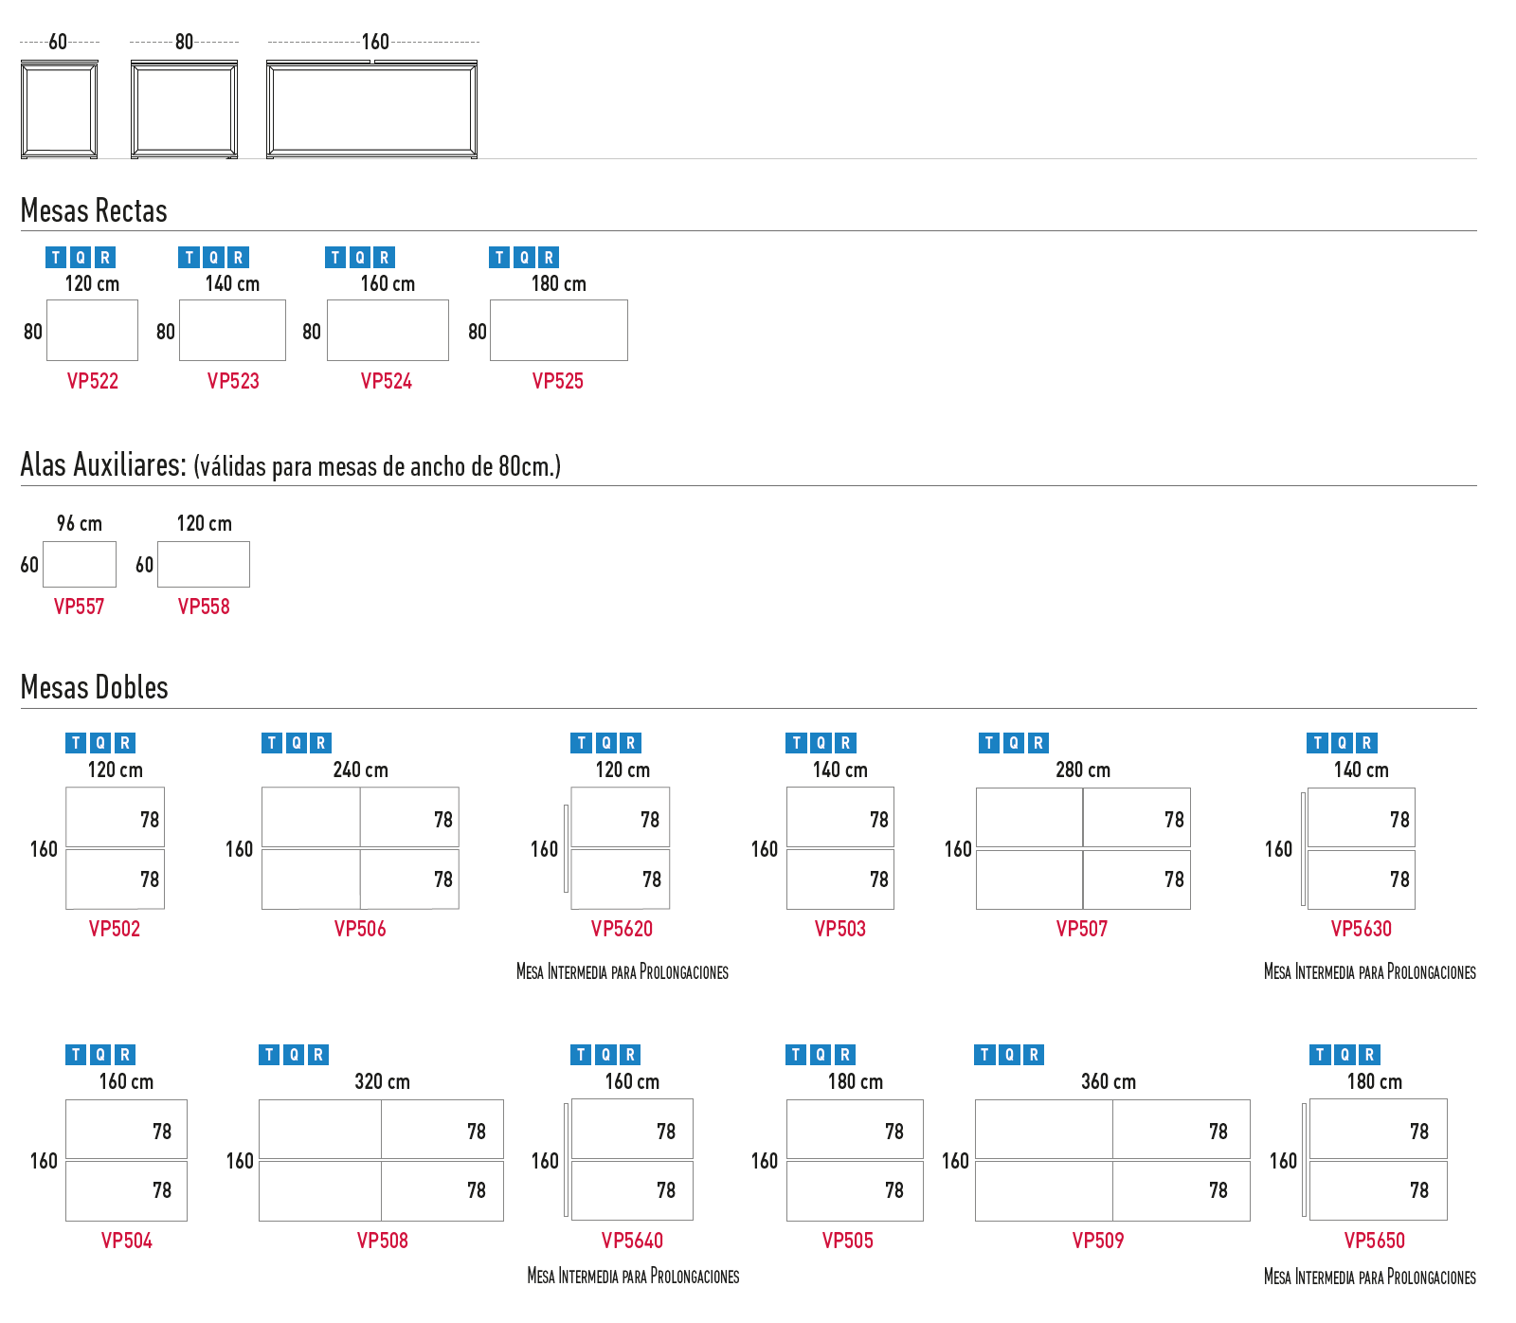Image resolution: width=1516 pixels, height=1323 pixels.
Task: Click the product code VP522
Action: [x=93, y=381]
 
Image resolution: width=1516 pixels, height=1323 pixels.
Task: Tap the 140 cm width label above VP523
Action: [x=232, y=283]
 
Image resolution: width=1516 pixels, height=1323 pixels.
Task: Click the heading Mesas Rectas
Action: [x=94, y=210]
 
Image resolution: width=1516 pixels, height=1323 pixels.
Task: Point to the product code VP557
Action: [x=79, y=607]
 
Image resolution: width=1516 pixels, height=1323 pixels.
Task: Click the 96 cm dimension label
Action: [x=80, y=523]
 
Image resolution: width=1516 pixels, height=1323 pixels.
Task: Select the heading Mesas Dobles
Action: [x=95, y=687]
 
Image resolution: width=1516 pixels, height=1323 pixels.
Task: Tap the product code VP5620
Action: [x=622, y=929]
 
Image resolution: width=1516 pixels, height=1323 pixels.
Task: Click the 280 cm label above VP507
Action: [x=1083, y=770]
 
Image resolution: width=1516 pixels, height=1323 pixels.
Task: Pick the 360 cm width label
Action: [x=1109, y=1081]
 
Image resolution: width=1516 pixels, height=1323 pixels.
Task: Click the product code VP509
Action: [x=1098, y=1241]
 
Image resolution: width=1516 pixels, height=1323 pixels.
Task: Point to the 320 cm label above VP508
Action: [x=382, y=1081]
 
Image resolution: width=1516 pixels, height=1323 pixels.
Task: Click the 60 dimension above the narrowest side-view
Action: [x=58, y=42]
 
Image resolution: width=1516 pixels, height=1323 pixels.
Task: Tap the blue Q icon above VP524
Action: [x=360, y=258]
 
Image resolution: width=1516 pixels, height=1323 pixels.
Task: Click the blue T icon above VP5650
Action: [x=1320, y=1055]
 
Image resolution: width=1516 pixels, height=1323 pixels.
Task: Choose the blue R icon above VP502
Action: [x=125, y=743]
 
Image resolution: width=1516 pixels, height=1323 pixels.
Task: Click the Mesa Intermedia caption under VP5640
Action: [x=633, y=1277]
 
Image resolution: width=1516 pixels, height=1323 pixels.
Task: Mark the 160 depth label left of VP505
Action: [x=765, y=1161]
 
